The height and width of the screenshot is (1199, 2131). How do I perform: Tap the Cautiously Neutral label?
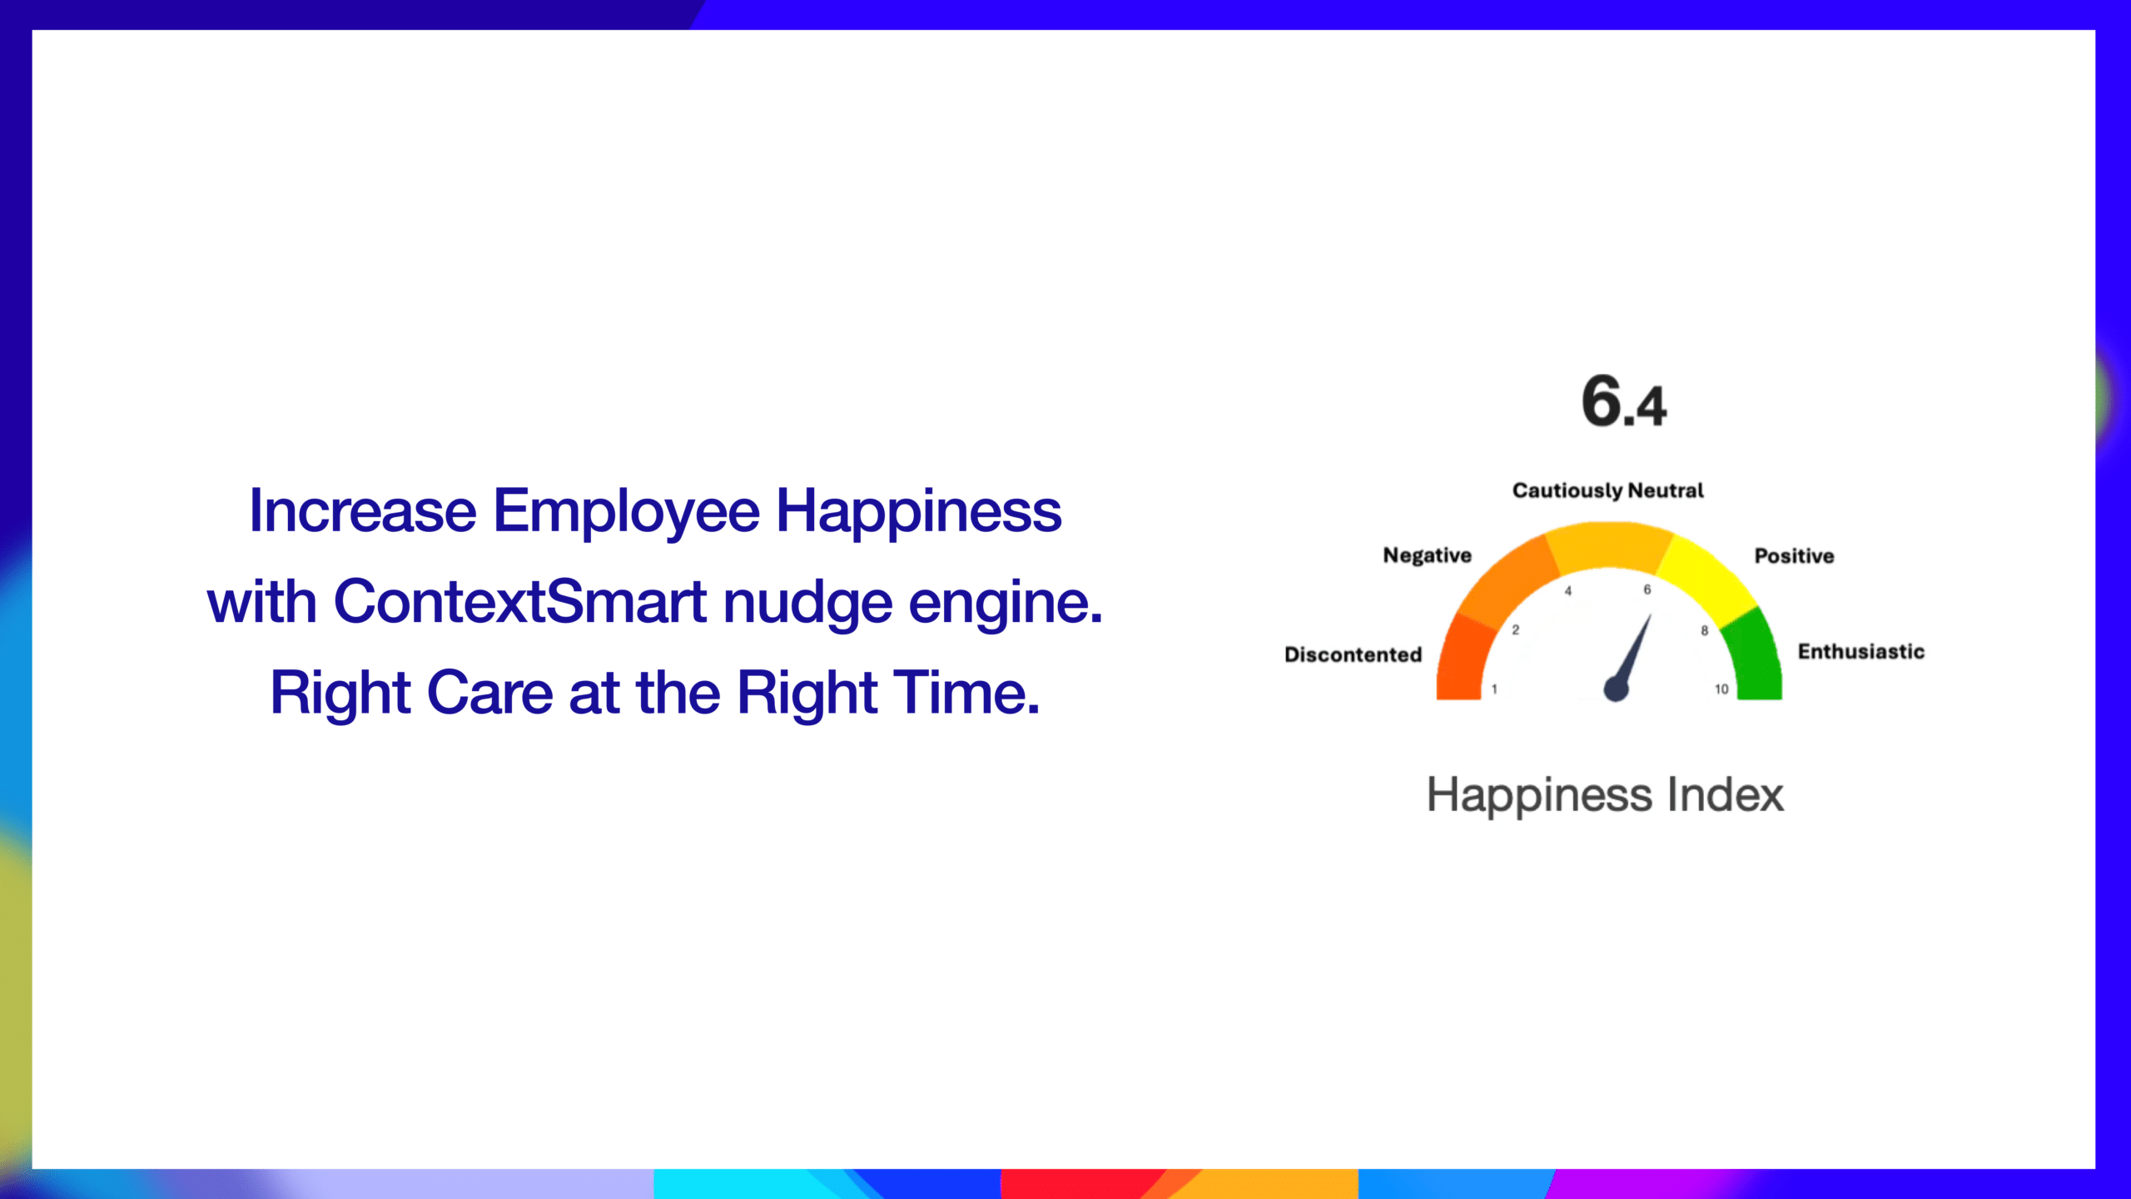click(x=1607, y=490)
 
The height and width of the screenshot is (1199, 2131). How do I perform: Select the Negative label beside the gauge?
click(x=1427, y=555)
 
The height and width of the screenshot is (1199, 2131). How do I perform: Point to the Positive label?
click(x=1794, y=555)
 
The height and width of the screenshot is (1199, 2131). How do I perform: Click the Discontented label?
click(x=1353, y=654)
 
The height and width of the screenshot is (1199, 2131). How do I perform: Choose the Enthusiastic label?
click(x=1861, y=651)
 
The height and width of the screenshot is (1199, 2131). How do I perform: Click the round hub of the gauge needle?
click(x=1616, y=689)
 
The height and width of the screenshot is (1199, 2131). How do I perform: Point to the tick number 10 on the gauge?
click(x=1721, y=689)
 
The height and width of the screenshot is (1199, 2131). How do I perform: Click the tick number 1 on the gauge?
click(x=1494, y=689)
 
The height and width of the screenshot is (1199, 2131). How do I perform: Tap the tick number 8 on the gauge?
click(x=1704, y=631)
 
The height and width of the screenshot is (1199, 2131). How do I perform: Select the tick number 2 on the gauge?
click(x=1515, y=630)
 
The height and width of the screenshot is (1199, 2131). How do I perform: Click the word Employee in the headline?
click(x=626, y=512)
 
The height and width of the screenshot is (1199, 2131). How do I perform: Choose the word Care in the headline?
click(x=490, y=692)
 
